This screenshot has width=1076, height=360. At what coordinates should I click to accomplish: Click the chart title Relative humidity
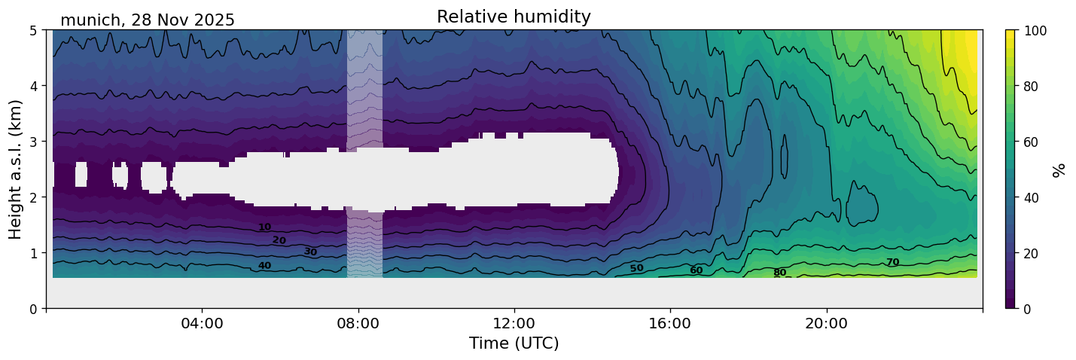point(514,17)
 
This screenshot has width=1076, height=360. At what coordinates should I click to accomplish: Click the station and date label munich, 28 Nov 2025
point(148,20)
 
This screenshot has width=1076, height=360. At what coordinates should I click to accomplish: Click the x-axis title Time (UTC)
point(514,343)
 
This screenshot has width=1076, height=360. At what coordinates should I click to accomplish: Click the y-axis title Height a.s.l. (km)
point(16,169)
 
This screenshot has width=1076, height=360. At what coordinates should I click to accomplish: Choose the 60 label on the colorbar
point(1033,142)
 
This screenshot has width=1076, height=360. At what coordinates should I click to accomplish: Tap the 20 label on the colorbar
point(1033,253)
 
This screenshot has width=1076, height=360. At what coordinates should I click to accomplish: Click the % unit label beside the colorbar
point(1059,169)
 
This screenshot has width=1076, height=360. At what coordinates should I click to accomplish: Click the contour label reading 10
point(264,227)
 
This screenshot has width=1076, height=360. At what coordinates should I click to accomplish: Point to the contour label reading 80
point(779,273)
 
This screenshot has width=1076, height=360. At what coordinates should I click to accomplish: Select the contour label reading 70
point(892,262)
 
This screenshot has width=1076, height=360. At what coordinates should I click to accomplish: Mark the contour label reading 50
point(636,268)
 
